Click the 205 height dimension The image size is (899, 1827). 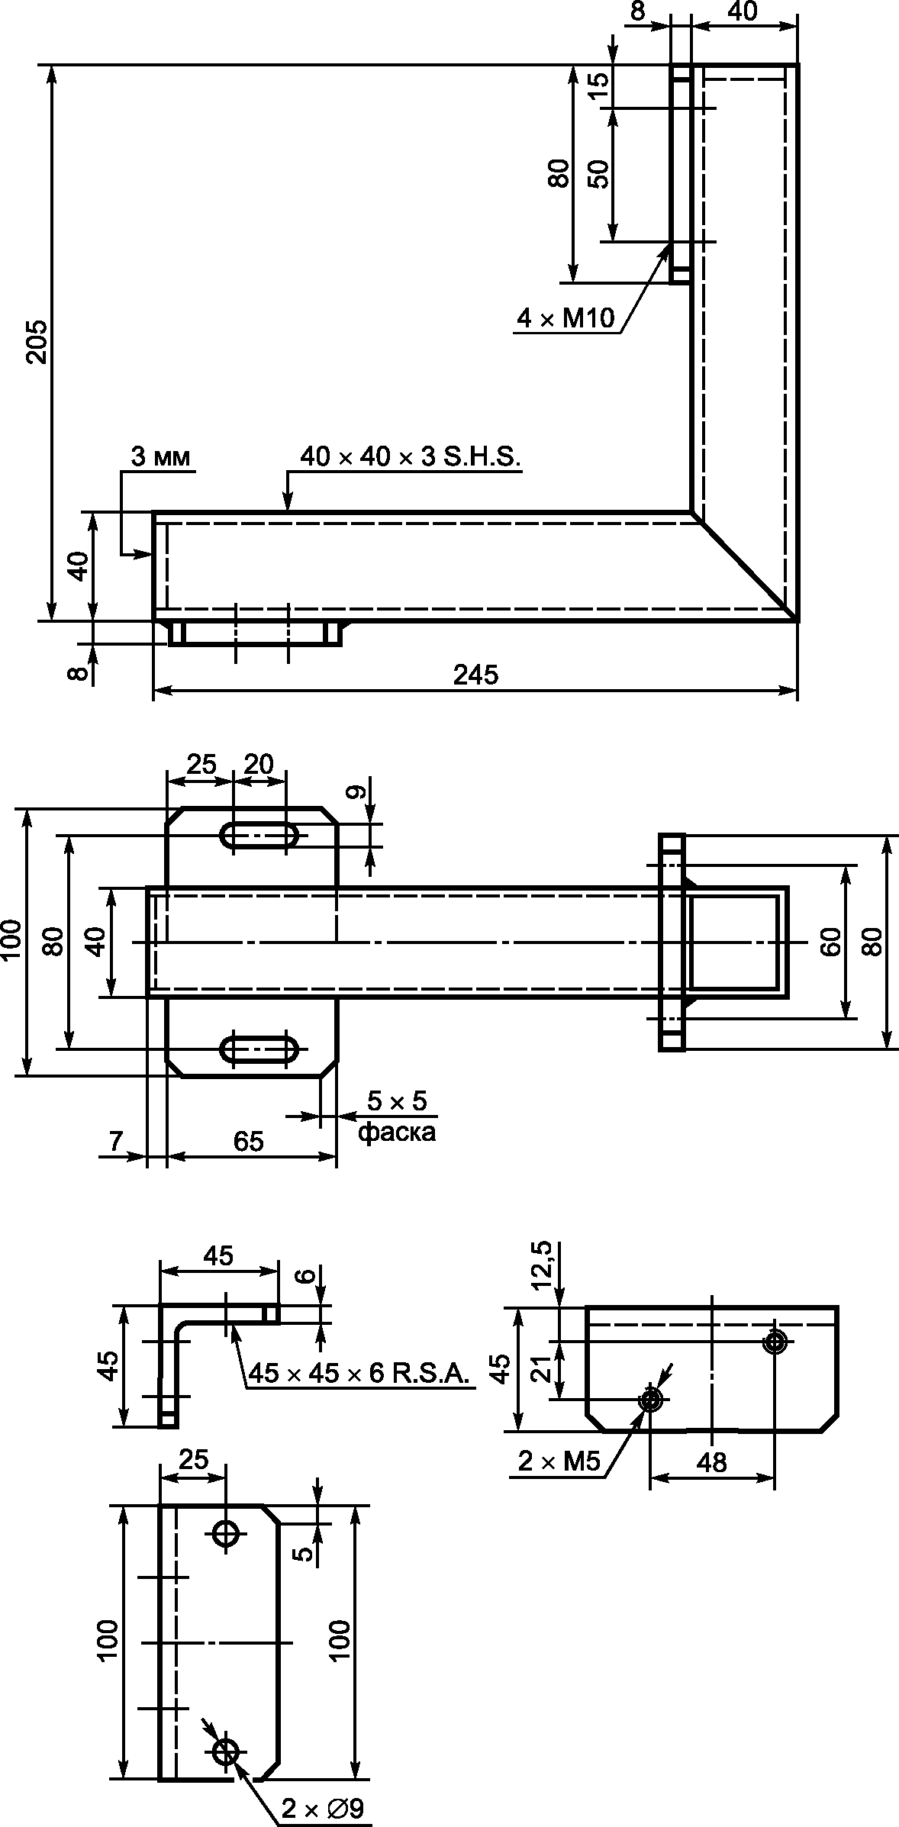(x=37, y=341)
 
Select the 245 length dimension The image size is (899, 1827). (x=475, y=675)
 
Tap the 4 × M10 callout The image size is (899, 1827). (x=565, y=318)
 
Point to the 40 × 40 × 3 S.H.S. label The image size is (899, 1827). (x=410, y=457)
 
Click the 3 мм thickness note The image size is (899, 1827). (x=162, y=456)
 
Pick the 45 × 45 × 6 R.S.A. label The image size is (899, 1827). (x=357, y=1374)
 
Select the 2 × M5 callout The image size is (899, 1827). (x=559, y=1461)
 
